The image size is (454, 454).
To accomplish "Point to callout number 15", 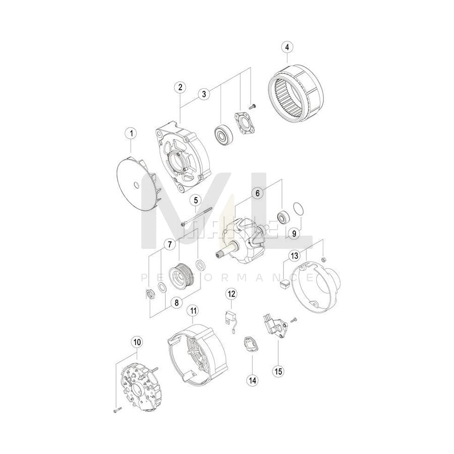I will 278,371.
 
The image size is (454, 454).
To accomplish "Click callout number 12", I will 231,293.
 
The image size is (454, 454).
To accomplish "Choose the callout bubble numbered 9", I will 291,233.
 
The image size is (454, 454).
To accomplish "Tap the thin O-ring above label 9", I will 298,209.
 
